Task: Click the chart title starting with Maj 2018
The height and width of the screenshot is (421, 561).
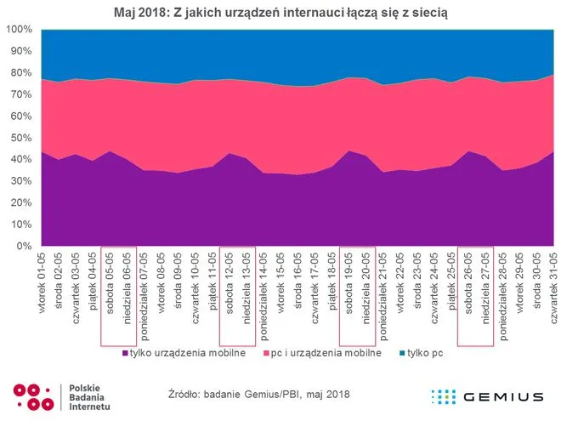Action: coord(280,11)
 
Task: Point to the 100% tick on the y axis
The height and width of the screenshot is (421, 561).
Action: coord(19,30)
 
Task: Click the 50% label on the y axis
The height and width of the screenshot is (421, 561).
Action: coord(21,138)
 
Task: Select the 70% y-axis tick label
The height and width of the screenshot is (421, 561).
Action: coord(21,94)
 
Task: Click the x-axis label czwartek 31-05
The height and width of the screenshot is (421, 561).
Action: coord(553,281)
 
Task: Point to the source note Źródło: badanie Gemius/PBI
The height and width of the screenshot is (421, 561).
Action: coord(259,394)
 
